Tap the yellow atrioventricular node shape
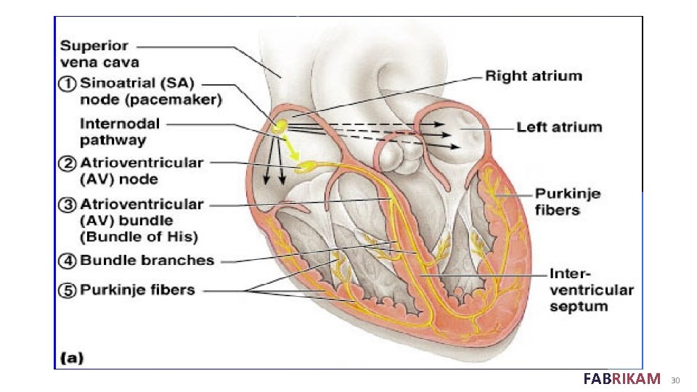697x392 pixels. pos(311,166)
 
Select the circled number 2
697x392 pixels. pos(67,163)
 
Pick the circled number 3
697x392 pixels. pos(67,205)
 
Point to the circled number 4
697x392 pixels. pos(67,261)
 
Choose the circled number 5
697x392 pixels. pos(67,290)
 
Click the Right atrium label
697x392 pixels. pos(533,75)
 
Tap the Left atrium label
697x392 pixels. pos(559,127)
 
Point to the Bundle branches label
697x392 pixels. pos(147,261)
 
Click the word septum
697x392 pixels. pos(578,306)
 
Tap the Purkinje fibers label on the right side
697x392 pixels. pos(558,202)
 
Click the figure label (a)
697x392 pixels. pos(71,356)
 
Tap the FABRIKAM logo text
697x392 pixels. pos(621,378)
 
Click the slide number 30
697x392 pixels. pos(675,380)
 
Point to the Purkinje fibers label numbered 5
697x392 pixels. pos(137,290)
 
